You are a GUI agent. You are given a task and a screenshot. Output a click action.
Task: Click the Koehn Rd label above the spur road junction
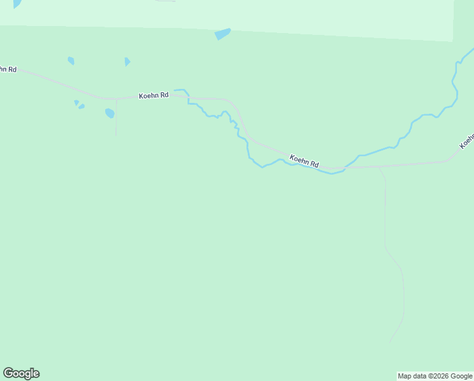pos(154,95)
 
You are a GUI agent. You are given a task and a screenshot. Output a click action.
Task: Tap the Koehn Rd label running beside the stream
pos(304,161)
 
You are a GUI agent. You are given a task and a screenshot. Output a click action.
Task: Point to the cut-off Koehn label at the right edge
pos(468,141)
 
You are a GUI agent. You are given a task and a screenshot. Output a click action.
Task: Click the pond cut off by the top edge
pos(16,3)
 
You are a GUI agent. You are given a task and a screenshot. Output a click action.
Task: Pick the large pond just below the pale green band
pos(222,34)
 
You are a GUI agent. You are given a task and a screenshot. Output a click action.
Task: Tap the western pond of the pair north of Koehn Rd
pos(71,61)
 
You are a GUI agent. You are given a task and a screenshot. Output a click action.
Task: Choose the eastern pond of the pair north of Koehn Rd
pos(127,62)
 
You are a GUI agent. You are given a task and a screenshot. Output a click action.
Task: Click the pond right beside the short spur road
pos(110,114)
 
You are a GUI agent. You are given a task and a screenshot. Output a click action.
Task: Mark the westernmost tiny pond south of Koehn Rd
pos(76,102)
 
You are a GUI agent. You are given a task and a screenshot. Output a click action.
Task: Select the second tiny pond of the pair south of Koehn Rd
pos(81,107)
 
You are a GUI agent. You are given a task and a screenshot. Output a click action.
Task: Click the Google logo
pos(21,373)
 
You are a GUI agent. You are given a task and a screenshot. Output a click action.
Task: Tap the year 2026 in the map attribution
pos(440,377)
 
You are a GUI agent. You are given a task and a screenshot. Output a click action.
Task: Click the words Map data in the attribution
pos(412,377)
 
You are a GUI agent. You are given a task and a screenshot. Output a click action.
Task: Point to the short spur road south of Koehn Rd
pos(116,117)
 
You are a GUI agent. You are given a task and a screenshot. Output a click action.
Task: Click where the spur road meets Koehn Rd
pos(116,99)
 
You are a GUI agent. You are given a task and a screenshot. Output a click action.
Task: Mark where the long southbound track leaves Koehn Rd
pos(379,168)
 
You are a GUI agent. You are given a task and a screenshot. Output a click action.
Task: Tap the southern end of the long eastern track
pos(390,342)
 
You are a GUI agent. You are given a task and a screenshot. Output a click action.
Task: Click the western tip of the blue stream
pos(176,90)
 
